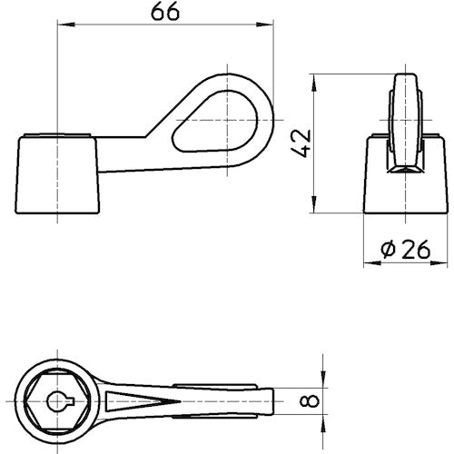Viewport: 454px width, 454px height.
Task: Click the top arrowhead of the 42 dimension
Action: (x=314, y=77)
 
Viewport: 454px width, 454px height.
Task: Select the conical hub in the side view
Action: (x=57, y=171)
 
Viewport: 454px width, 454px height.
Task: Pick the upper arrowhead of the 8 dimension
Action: (x=322, y=382)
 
